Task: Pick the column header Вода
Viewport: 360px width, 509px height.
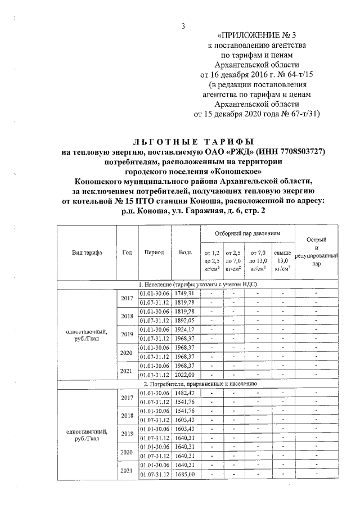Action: coord(184,253)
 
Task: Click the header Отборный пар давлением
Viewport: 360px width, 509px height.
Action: coord(247,233)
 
